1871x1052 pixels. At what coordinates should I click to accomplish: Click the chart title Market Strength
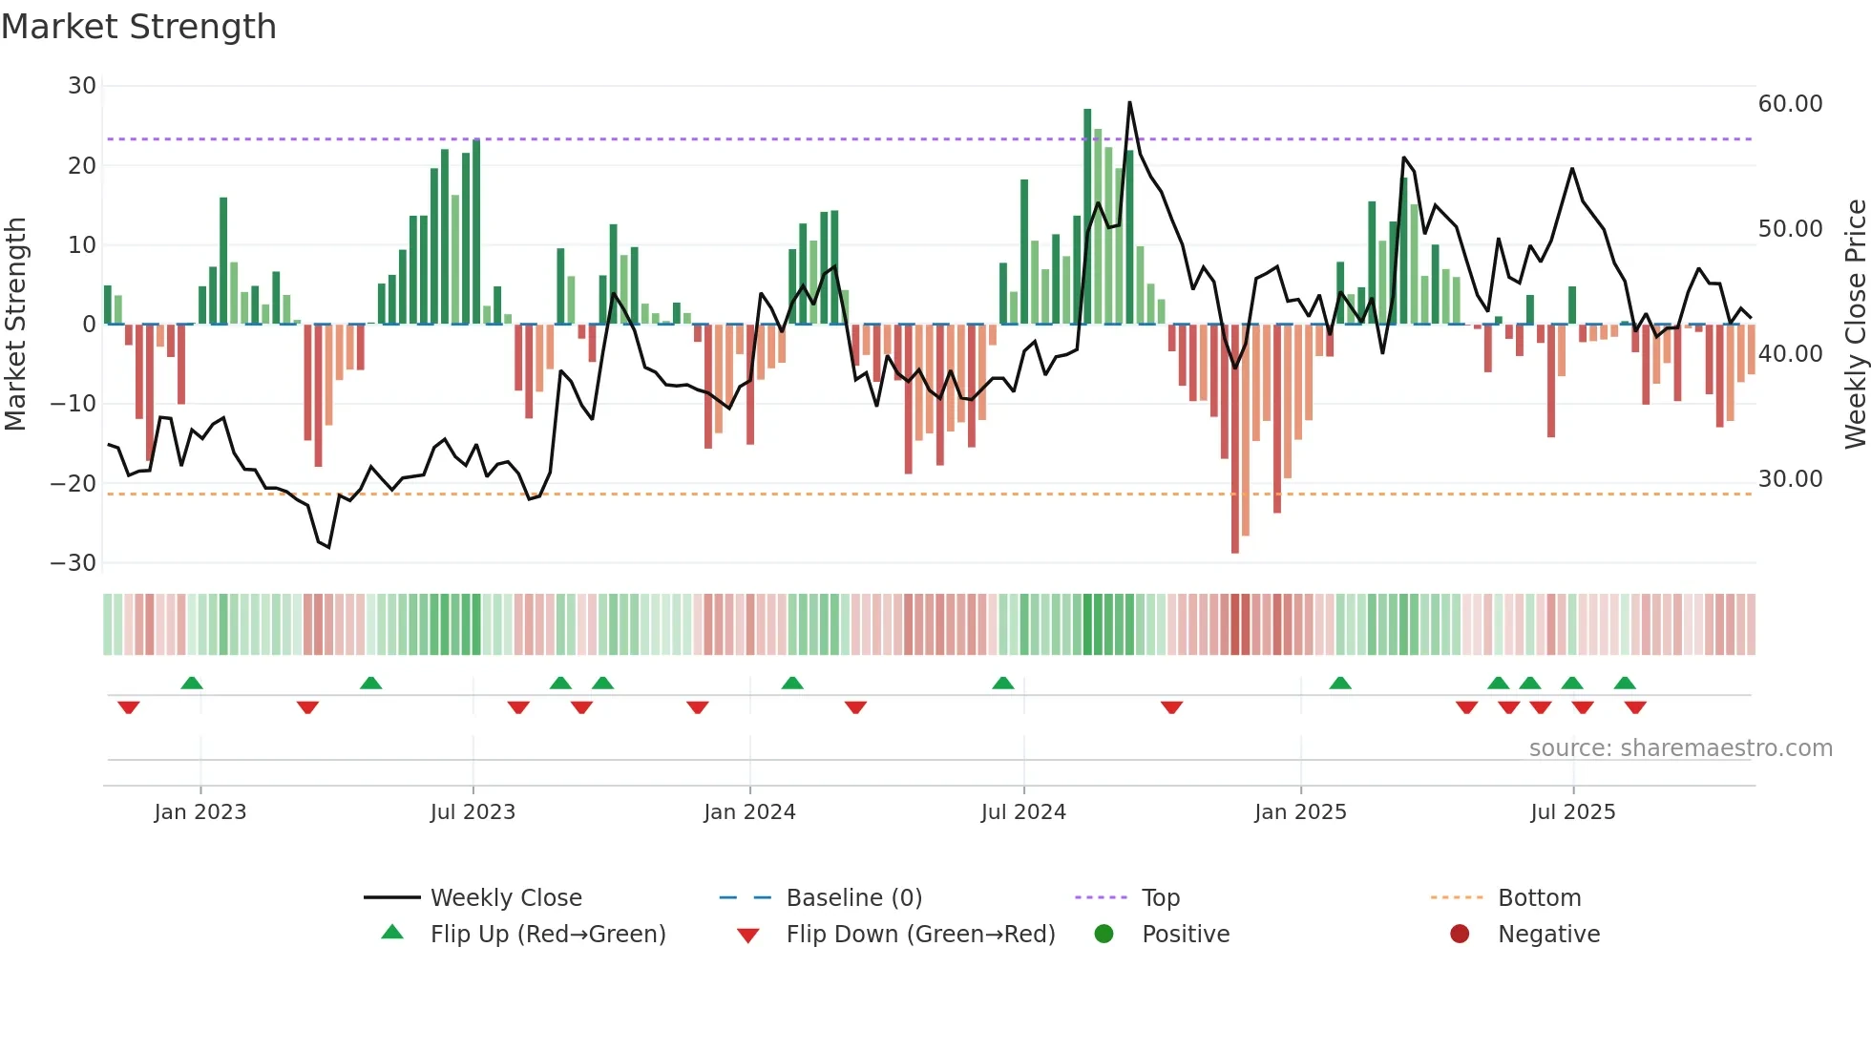point(138,27)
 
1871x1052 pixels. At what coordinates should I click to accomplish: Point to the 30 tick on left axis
point(82,86)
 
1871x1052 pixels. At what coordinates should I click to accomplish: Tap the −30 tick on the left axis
point(74,563)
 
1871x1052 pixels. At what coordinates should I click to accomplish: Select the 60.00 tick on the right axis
point(1790,104)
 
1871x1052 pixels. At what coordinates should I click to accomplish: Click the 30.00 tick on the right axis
point(1790,479)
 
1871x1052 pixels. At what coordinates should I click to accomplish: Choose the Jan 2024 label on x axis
point(749,812)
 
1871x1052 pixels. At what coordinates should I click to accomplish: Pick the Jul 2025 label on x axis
point(1572,812)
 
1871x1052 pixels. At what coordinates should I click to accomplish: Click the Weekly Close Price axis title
point(1855,324)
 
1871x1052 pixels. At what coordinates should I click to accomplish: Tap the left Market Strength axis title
point(15,324)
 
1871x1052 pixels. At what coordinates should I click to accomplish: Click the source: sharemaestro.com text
point(1680,748)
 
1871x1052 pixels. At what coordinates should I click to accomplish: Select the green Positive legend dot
point(1104,935)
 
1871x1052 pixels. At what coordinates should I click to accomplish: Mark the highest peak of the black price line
point(1129,103)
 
